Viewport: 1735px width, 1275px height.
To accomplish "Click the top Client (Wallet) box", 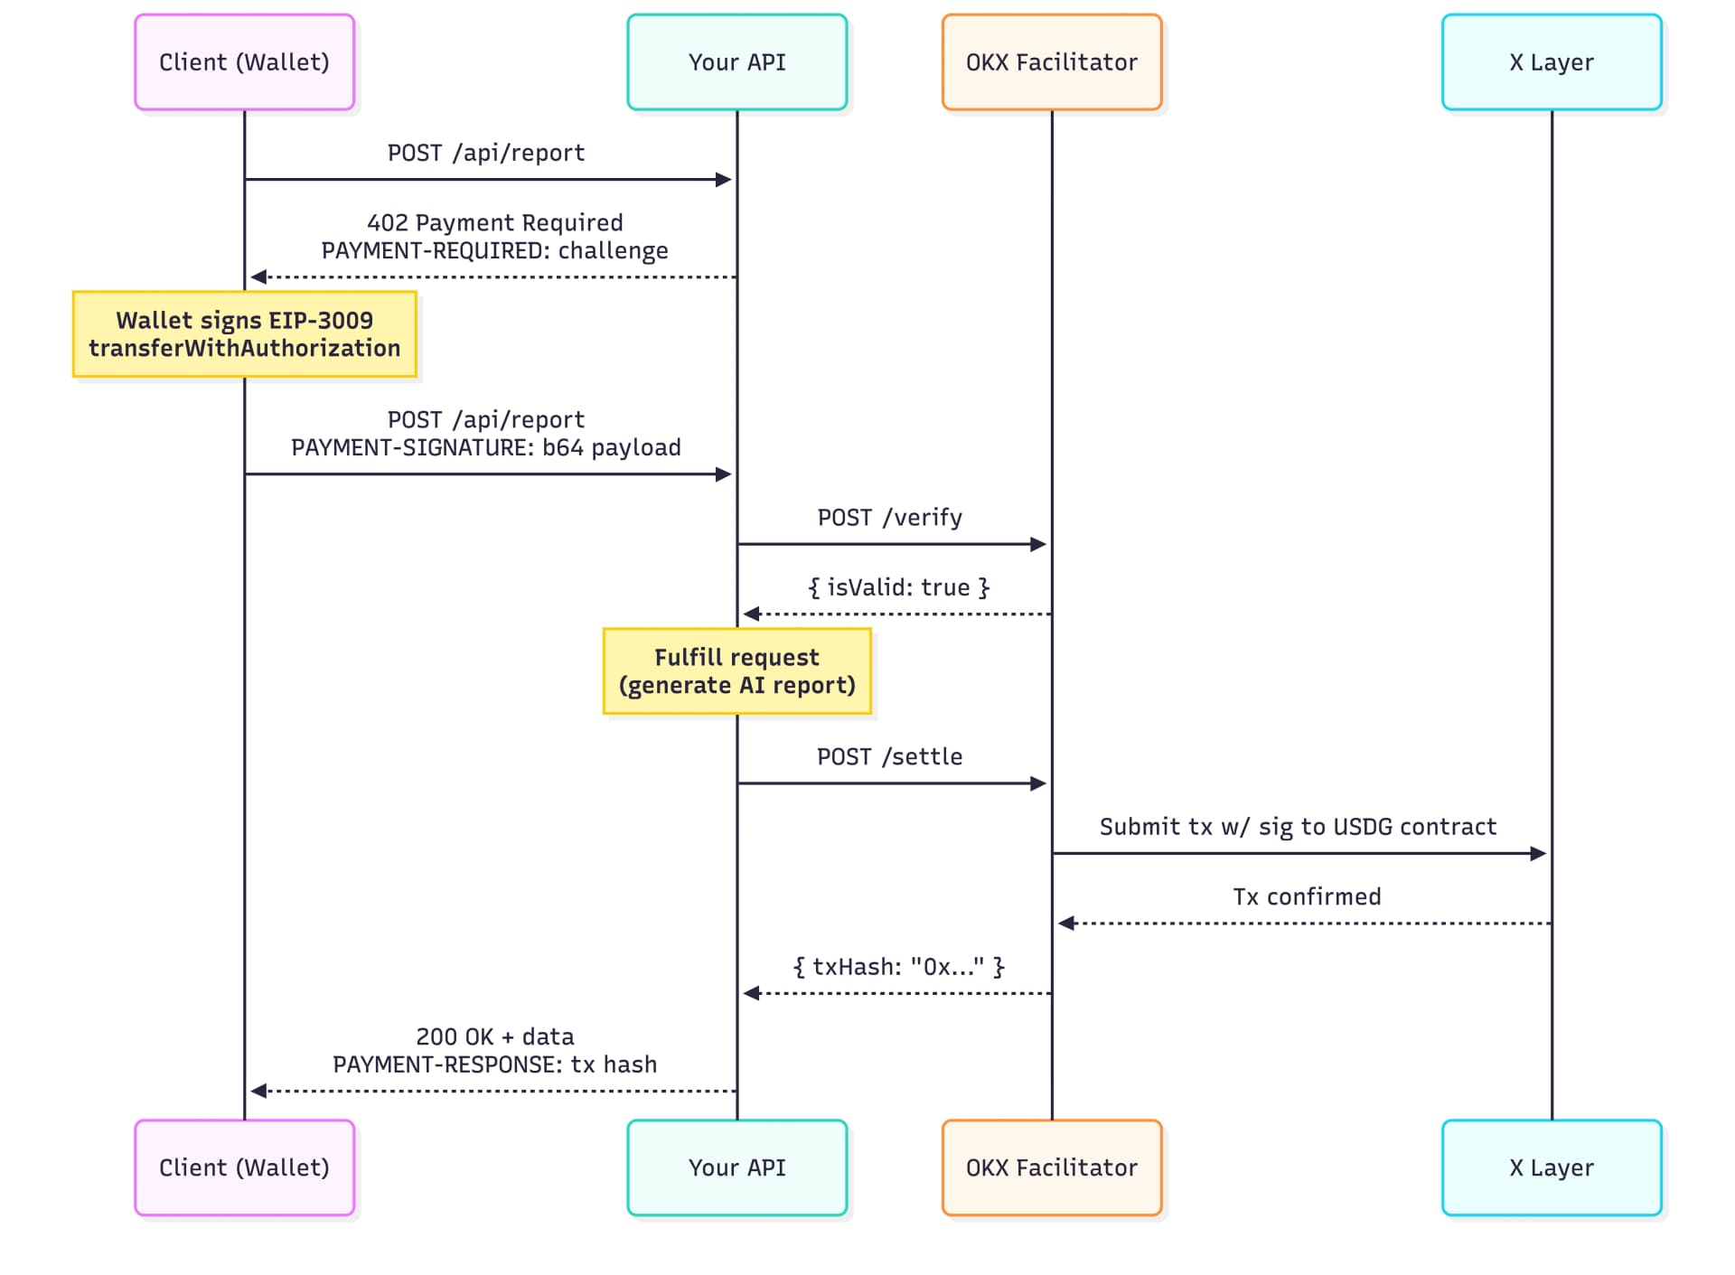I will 244,62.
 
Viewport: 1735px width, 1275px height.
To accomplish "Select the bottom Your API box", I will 736,1167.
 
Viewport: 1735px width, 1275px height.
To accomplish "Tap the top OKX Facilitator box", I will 1051,62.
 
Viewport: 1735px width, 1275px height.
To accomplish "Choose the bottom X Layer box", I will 1551,1167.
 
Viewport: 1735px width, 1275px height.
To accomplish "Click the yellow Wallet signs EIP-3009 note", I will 244,333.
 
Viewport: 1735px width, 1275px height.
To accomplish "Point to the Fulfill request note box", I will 736,671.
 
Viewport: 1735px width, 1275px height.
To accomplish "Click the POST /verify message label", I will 889,518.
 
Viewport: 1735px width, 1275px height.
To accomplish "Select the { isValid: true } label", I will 898,587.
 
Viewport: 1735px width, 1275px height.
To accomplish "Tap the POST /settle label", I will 889,757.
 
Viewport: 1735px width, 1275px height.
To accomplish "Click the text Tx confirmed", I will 1307,896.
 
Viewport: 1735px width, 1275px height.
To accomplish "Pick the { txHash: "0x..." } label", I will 898,967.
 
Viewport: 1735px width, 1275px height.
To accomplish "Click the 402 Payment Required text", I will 494,222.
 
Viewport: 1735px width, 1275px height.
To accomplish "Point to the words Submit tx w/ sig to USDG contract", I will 1298,827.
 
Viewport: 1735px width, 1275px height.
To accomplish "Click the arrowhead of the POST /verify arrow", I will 1038,544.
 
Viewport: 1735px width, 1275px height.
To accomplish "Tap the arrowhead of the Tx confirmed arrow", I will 1066,923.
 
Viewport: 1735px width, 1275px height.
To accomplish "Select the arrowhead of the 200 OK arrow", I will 258,1091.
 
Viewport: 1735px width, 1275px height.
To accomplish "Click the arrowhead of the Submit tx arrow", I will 1538,854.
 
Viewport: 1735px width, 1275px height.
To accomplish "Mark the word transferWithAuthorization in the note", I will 244,348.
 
